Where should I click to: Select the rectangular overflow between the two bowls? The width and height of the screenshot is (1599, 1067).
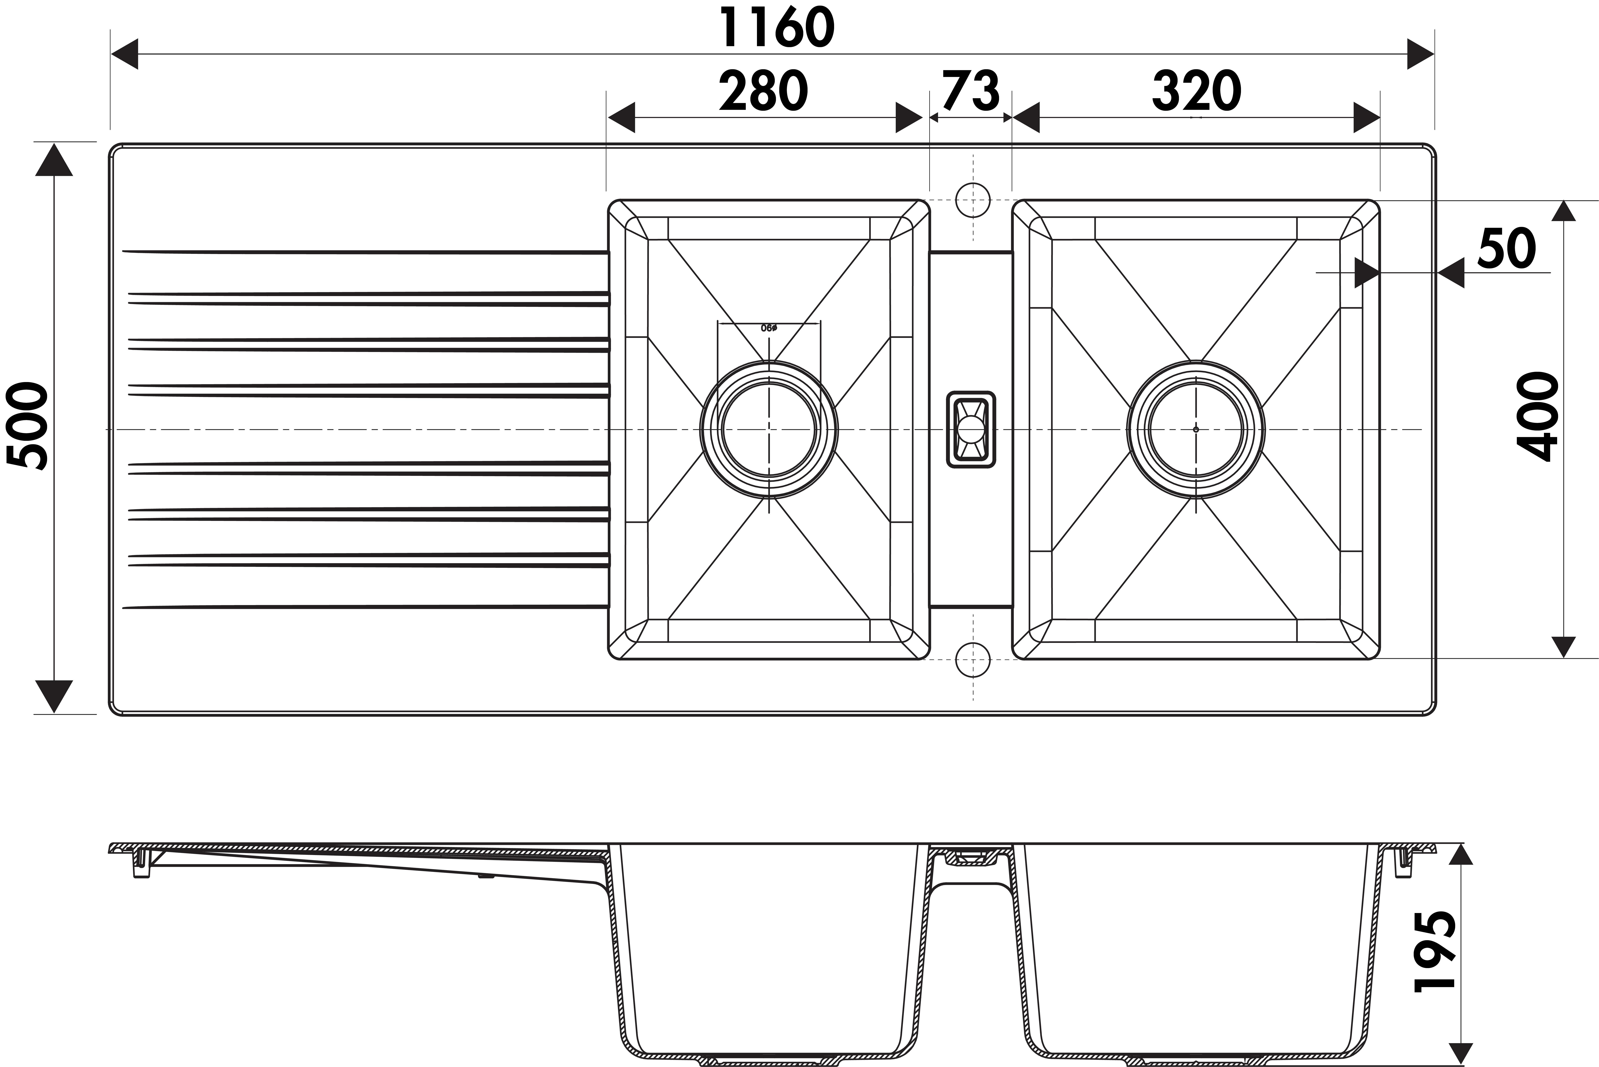971,429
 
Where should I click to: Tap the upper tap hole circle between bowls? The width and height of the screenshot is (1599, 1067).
973,200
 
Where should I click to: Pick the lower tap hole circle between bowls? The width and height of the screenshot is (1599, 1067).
973,659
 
